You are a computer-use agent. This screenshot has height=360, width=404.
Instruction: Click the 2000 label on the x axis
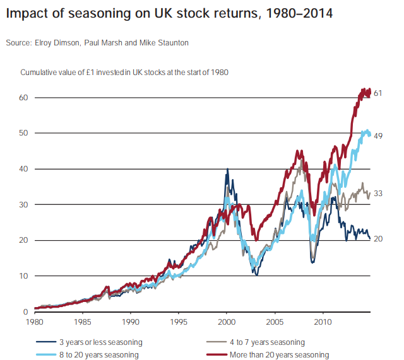click(227, 321)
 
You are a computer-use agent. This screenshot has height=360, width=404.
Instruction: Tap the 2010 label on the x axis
click(323, 321)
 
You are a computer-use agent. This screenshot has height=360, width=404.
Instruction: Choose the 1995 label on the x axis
click(179, 321)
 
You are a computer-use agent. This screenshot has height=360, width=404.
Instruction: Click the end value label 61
click(379, 93)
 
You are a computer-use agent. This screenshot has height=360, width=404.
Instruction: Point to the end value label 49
click(379, 136)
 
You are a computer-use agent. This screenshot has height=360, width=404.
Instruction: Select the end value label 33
click(379, 193)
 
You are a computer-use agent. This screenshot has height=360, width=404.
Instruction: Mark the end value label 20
click(379, 239)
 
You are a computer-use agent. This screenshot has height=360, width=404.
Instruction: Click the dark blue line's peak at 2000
click(227, 170)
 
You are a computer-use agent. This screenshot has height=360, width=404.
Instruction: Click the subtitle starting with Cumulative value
click(124, 73)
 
